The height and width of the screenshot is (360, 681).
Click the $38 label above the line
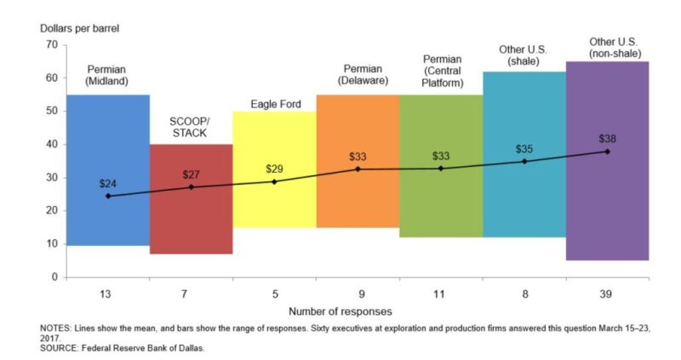click(x=607, y=138)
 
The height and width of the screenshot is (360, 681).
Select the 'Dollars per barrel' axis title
click(x=80, y=27)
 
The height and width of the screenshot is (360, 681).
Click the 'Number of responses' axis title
click(x=340, y=311)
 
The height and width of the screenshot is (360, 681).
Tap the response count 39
click(x=607, y=294)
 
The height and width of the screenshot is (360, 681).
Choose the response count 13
click(x=107, y=294)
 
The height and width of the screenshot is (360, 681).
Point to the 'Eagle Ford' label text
click(x=274, y=105)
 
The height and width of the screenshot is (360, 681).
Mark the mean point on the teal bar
click(x=524, y=161)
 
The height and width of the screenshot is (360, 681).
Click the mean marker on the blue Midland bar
click(x=107, y=196)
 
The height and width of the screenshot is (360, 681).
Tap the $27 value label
click(x=191, y=174)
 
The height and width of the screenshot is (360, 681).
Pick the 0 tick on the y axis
click(x=53, y=277)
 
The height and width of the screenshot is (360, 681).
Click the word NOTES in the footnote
click(x=57, y=328)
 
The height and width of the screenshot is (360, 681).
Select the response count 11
click(x=440, y=294)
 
